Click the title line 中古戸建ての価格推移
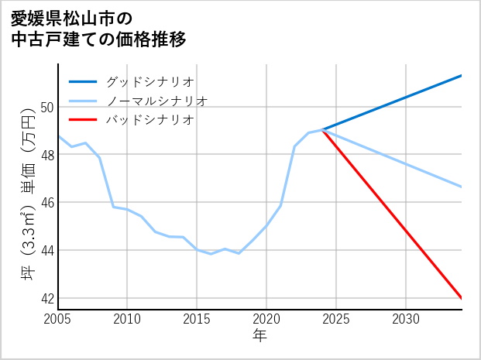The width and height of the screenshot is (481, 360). click(x=98, y=39)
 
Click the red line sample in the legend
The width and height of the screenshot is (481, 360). click(x=83, y=120)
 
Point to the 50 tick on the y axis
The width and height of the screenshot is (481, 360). click(x=47, y=107)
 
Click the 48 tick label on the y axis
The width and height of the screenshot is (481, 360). click(x=47, y=155)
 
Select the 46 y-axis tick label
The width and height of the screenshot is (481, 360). click(x=47, y=203)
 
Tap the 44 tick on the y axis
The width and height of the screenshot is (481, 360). click(x=47, y=251)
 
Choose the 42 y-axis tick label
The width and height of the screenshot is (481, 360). click(x=47, y=299)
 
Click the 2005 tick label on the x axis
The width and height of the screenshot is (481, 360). click(x=58, y=319)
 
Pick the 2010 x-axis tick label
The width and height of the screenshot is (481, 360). click(x=127, y=319)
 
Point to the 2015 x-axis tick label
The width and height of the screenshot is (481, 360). click(x=197, y=319)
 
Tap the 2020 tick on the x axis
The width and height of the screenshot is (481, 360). click(x=266, y=319)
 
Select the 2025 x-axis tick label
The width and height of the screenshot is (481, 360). click(x=336, y=319)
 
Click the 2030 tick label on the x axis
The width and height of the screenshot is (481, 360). click(x=406, y=319)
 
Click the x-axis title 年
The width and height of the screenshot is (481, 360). click(x=259, y=336)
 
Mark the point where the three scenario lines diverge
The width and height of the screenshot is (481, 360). click(x=323, y=130)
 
